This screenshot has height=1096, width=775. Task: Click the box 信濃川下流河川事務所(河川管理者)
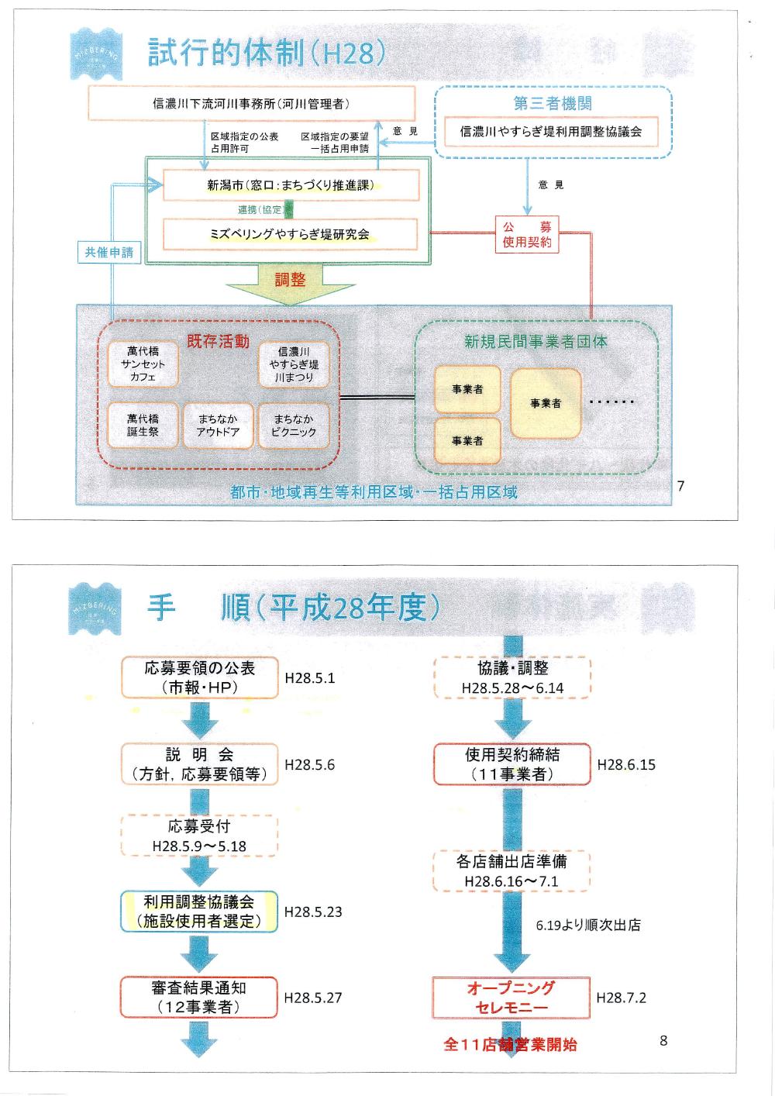click(x=251, y=104)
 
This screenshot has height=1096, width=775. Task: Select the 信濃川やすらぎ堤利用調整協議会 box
click(x=551, y=132)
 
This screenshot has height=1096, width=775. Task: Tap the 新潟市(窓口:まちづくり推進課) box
click(x=291, y=185)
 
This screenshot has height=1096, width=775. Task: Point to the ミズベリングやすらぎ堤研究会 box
click(x=290, y=234)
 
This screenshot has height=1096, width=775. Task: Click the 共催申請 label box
click(x=109, y=252)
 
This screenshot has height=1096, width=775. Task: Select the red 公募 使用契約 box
click(x=527, y=234)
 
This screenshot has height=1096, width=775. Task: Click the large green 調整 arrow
click(x=290, y=283)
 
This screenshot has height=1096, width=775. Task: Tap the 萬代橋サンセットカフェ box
click(x=143, y=364)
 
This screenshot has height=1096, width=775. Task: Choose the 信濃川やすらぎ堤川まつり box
click(x=294, y=364)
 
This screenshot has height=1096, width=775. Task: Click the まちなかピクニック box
click(x=294, y=426)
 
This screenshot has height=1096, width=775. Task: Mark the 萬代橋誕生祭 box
click(x=143, y=426)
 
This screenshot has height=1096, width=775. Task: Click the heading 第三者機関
click(x=553, y=103)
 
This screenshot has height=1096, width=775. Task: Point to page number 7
click(x=680, y=486)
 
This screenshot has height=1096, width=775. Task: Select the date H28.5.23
click(x=313, y=912)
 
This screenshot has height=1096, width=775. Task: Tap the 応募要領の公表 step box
click(x=199, y=677)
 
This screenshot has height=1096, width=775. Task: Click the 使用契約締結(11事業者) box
click(x=511, y=763)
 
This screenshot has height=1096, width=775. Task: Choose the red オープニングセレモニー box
click(x=511, y=998)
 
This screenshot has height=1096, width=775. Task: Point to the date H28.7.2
click(x=621, y=998)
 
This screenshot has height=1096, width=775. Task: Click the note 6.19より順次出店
click(x=588, y=925)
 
